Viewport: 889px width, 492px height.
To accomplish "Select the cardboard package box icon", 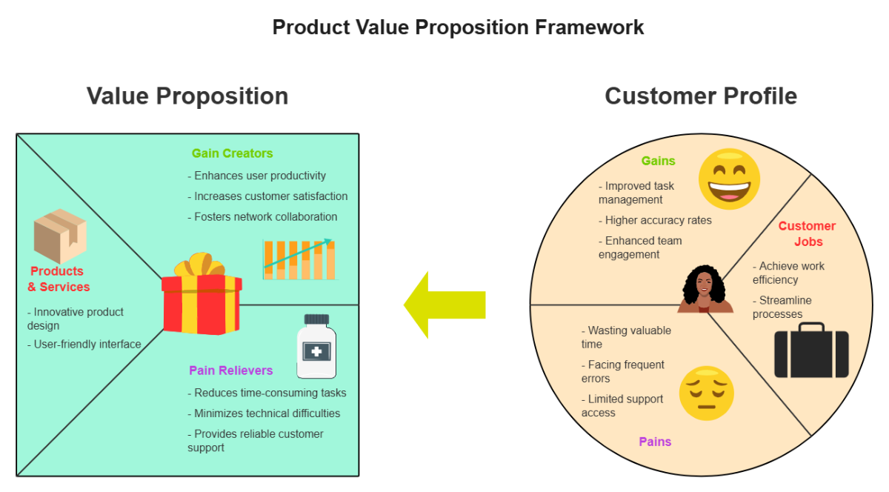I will [60, 236].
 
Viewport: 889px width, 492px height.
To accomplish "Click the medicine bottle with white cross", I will [316, 348].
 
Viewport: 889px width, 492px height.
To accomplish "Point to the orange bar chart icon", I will [299, 259].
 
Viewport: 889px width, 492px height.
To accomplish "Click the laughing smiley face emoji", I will [729, 177].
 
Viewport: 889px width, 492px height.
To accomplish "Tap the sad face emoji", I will [706, 393].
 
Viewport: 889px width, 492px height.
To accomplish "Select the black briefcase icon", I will [811, 352].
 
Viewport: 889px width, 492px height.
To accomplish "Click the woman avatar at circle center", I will [705, 290].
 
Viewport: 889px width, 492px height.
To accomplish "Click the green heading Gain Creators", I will [232, 153].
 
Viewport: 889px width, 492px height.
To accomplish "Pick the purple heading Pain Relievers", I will [230, 370].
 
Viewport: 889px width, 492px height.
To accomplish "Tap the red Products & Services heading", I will [59, 279].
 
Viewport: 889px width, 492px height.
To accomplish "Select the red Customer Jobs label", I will [807, 234].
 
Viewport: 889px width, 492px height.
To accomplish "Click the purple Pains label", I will [655, 442].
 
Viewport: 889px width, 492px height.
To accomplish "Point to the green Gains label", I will [658, 161].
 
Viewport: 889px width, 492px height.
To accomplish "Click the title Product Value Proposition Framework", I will [458, 27].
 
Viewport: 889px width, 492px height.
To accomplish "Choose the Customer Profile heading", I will [701, 96].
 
